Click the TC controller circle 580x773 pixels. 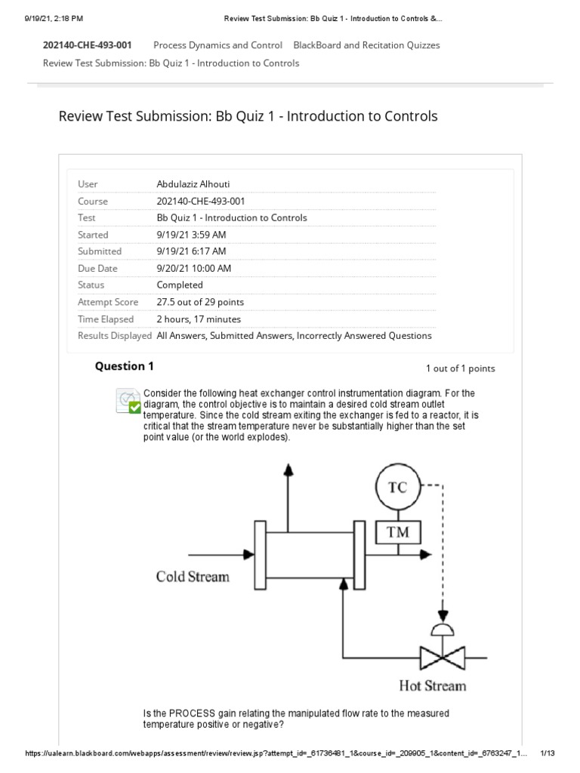point(397,487)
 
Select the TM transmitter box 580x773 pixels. point(397,532)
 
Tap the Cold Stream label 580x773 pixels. point(192,577)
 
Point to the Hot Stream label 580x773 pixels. point(433,685)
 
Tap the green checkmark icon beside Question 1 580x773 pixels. point(134,407)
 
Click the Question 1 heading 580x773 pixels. point(124,366)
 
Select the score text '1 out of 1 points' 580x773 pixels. point(460,368)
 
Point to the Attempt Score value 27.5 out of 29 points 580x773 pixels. point(200,302)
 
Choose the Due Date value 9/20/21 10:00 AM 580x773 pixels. point(193,268)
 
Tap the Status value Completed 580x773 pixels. point(180,285)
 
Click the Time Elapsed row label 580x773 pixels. point(106,319)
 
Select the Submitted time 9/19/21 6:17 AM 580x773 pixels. point(191,251)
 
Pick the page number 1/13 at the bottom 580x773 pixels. point(548,753)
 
